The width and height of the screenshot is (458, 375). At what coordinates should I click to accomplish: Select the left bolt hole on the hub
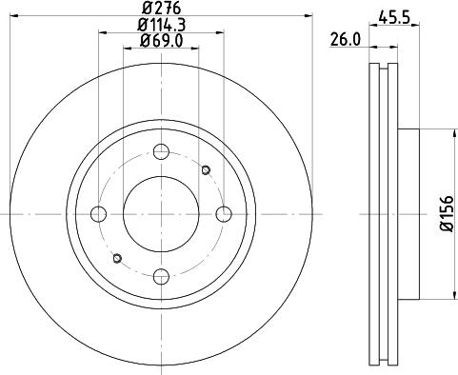click(97, 213)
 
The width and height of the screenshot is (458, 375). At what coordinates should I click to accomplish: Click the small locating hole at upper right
click(207, 169)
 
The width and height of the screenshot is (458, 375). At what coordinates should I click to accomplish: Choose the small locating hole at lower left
click(116, 259)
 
